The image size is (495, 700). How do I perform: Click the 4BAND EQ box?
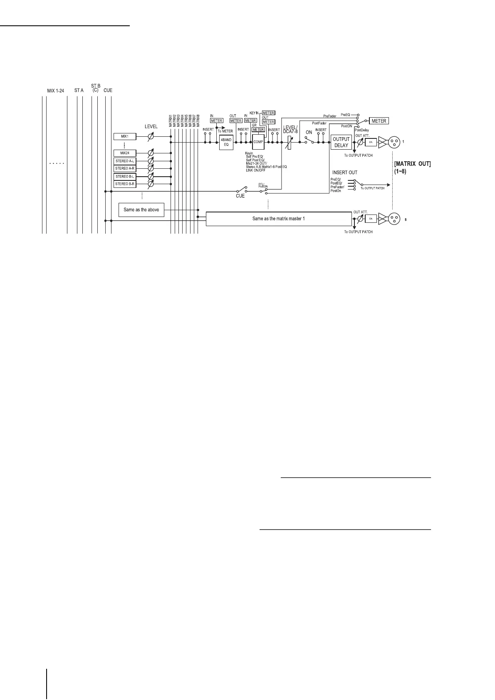[226, 142]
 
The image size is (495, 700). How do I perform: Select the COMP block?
[258, 142]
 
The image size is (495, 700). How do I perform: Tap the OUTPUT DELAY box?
[341, 142]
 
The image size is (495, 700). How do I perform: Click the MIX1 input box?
[125, 136]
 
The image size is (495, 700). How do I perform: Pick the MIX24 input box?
[125, 153]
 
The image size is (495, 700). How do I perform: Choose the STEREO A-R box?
[125, 168]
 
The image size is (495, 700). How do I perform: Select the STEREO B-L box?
[125, 176]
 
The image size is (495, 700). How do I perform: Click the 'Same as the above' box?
[141, 210]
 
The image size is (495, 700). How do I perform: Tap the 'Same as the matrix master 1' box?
[279, 218]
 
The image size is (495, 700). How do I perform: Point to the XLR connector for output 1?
[394, 142]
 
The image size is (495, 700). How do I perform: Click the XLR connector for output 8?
[394, 218]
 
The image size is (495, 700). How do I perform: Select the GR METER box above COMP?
[258, 130]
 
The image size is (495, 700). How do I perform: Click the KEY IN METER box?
[268, 113]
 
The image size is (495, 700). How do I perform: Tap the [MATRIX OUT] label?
[412, 164]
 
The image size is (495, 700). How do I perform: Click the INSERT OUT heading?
[344, 173]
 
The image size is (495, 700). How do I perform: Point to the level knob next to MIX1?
[151, 136]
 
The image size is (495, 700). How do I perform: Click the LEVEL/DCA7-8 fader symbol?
[289, 143]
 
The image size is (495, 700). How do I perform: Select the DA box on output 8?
[370, 218]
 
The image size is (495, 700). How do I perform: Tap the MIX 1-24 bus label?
[55, 90]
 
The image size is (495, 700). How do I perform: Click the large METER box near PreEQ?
[379, 121]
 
